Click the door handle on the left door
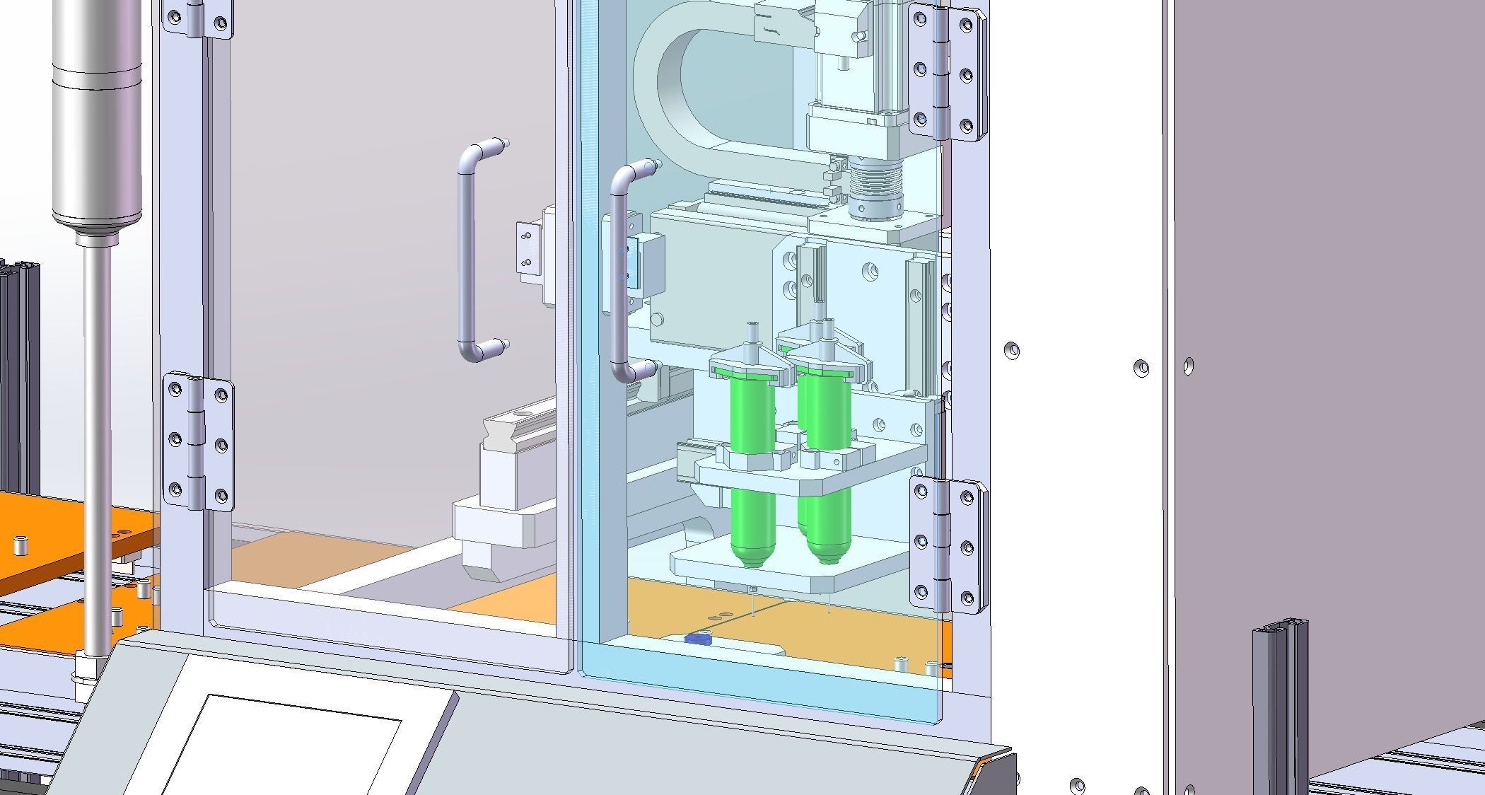click(x=465, y=255)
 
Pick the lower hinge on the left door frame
click(x=199, y=442)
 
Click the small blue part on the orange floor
click(x=697, y=639)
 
